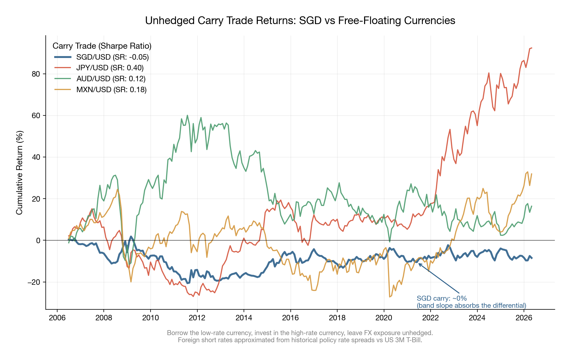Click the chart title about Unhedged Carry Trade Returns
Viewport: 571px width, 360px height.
[x=300, y=21]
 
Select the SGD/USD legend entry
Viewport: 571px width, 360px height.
[x=112, y=57]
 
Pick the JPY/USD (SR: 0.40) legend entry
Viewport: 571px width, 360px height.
[x=110, y=68]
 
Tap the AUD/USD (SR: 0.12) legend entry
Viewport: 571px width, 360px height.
[x=111, y=79]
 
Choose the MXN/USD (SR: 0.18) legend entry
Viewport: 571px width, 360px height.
[x=111, y=90]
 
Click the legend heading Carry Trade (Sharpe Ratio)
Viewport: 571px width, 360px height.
[x=102, y=46]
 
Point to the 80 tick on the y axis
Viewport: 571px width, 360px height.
[x=36, y=74]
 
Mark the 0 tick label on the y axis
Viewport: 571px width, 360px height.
[x=38, y=240]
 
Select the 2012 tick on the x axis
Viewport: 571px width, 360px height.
[x=197, y=318]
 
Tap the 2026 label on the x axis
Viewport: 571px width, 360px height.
[x=524, y=318]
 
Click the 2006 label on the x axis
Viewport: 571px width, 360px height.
[x=57, y=318]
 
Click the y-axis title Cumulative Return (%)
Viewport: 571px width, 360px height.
[x=19, y=173]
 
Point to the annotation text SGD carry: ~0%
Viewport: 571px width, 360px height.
[x=442, y=298]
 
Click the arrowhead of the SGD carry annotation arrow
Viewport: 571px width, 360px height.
[x=419, y=264]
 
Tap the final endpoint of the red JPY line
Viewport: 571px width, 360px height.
[x=532, y=48]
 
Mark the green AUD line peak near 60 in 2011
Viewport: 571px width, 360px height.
[x=187, y=115]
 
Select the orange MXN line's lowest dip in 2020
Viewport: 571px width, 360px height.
[x=390, y=297]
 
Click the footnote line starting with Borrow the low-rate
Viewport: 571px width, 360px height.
[x=300, y=333]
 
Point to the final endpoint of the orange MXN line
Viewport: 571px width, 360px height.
[x=532, y=173]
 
